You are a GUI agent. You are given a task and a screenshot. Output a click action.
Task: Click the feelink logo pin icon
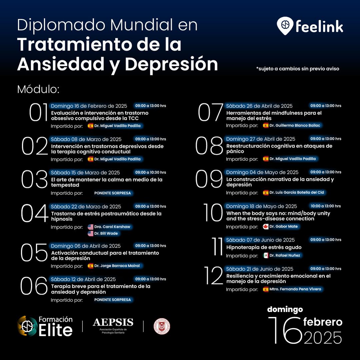point(285,26)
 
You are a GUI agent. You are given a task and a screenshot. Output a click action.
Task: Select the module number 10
point(213,213)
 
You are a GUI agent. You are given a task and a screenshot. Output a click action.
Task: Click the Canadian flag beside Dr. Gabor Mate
point(266,227)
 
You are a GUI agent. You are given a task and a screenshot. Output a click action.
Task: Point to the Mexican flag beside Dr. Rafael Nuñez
point(266,256)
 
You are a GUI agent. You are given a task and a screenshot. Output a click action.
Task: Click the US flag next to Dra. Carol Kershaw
point(91,227)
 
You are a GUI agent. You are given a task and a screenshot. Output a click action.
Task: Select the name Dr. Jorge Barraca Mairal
point(117,266)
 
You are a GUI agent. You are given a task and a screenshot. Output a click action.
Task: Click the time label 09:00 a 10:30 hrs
point(151,172)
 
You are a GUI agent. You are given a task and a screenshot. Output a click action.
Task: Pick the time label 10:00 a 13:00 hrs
point(326,206)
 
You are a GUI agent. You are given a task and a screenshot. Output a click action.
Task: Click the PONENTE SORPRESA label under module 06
point(113,300)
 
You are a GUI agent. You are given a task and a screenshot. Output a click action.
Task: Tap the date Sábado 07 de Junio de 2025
point(260,240)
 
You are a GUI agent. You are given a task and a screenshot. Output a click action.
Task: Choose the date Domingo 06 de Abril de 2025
point(86,246)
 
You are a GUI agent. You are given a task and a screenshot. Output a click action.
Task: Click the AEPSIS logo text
point(113,323)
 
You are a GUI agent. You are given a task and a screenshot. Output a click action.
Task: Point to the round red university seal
point(162,326)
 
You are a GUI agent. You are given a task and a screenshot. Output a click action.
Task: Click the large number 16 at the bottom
point(285,330)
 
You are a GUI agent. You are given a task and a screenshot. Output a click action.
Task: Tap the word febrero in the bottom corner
point(323,322)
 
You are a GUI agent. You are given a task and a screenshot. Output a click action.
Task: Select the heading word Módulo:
point(38,89)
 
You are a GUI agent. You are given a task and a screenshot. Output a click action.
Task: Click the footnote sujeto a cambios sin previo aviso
point(298,69)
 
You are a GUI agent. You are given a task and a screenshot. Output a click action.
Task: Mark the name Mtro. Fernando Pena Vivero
point(295,289)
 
